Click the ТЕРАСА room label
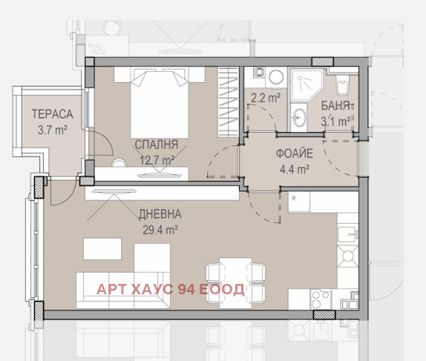tap(53, 114)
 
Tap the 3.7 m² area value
tap(53, 130)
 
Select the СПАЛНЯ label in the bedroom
tap(157, 145)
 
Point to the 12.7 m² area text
tap(157, 160)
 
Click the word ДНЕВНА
tap(160, 214)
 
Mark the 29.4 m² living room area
tap(160, 231)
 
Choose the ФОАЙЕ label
tap(295, 153)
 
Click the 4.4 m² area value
tap(295, 169)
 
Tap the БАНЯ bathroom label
tap(335, 105)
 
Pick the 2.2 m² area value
tap(266, 97)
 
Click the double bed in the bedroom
tap(160, 102)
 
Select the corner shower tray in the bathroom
tap(306, 85)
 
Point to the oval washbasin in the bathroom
tap(299, 118)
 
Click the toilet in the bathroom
tap(342, 85)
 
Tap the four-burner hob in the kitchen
tap(321, 299)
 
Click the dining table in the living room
tap(235, 282)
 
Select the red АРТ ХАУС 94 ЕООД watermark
tap(171, 289)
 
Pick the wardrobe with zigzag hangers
tap(229, 102)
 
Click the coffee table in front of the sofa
tap(102, 248)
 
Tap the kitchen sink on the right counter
tap(348, 234)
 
